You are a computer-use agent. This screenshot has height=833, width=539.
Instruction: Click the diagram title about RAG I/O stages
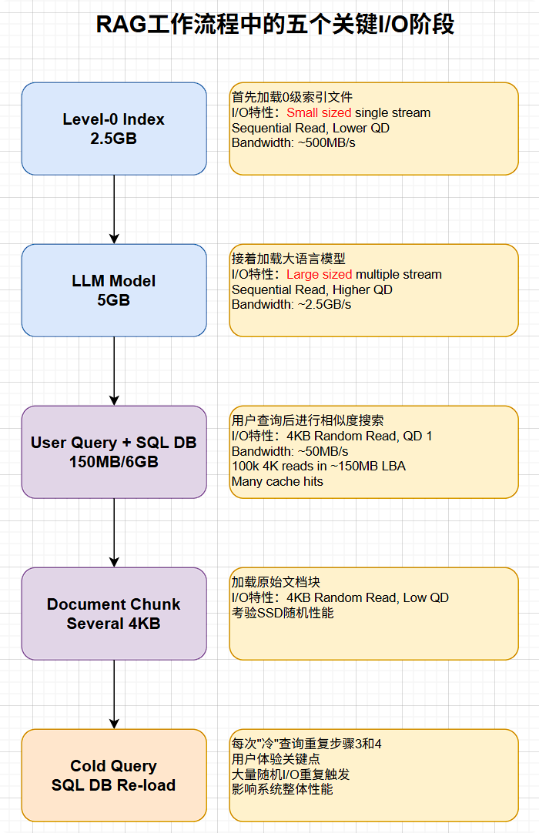tap(274, 25)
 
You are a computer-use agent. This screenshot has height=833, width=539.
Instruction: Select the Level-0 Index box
tap(114, 129)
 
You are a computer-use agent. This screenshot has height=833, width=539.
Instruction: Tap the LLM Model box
tap(114, 290)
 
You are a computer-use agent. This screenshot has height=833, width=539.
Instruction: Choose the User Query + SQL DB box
tap(114, 452)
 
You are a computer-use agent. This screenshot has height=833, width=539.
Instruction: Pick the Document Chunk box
tap(114, 614)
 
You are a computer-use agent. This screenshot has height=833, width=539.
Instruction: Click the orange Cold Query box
tap(114, 775)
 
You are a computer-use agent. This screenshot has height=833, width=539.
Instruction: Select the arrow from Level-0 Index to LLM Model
tap(114, 209)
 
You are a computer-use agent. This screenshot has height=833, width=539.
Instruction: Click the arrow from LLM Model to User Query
tap(114, 371)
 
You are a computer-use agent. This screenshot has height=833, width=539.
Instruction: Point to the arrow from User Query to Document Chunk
tap(114, 533)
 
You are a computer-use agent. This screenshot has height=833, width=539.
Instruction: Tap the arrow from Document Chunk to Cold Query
tap(114, 694)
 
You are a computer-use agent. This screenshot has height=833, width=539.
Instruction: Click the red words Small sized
tap(319, 113)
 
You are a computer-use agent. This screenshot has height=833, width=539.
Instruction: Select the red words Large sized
tap(320, 275)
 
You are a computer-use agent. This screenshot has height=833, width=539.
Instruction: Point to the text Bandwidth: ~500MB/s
tap(293, 143)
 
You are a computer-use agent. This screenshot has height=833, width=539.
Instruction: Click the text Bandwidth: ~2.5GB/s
tap(291, 305)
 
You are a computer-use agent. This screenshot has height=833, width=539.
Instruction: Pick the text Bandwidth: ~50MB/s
tap(290, 451)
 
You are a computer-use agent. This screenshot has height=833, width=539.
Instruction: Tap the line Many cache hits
tap(277, 482)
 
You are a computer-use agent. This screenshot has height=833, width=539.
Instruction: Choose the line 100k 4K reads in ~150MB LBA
tap(318, 467)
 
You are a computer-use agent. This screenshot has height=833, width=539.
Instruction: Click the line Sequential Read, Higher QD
tap(312, 289)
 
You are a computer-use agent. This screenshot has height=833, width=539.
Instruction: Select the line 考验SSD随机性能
tap(283, 613)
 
